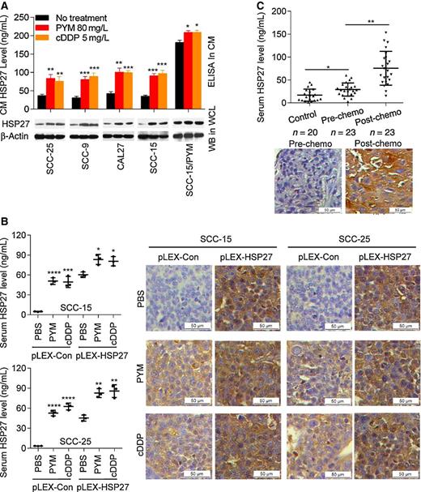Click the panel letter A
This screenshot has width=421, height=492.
(6, 6)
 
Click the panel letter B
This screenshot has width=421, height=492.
(6, 221)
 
